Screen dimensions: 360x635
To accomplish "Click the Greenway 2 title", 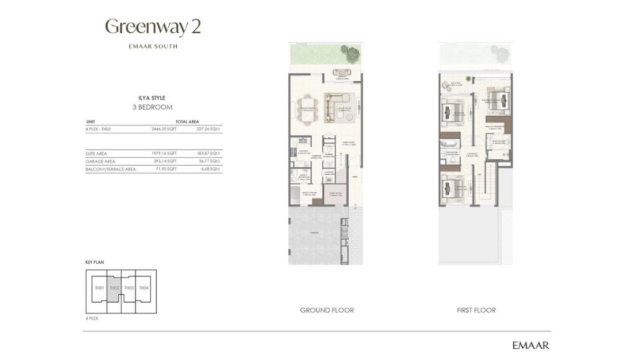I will click(153, 27).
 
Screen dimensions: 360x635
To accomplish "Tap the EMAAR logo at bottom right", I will click(530, 345).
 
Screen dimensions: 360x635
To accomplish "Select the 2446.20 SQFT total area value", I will click(164, 129).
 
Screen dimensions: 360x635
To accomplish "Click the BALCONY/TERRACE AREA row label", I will click(111, 169).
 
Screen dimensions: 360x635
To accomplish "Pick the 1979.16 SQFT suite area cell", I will click(164, 154).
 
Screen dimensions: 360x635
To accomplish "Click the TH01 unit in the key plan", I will click(99, 288).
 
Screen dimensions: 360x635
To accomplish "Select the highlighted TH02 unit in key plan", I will click(114, 288).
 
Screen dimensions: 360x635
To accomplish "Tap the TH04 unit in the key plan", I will click(144, 288).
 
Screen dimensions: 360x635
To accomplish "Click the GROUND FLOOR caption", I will click(326, 310).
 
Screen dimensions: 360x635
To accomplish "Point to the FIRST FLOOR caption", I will click(476, 310).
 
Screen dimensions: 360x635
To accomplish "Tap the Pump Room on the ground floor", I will click(335, 194).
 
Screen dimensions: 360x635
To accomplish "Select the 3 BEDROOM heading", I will click(152, 107).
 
